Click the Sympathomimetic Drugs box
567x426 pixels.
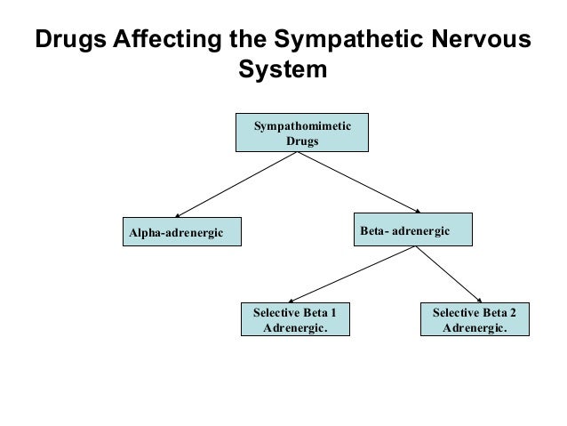(301, 133)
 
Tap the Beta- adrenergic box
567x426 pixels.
(414, 229)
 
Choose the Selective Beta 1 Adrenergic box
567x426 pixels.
(295, 320)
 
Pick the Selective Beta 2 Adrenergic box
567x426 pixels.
(474, 320)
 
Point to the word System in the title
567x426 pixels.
(283, 70)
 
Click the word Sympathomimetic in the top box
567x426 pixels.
(302, 126)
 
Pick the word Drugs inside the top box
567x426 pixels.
(302, 141)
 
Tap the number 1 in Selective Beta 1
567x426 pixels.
(332, 313)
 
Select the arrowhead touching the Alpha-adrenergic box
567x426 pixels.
(178, 215)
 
